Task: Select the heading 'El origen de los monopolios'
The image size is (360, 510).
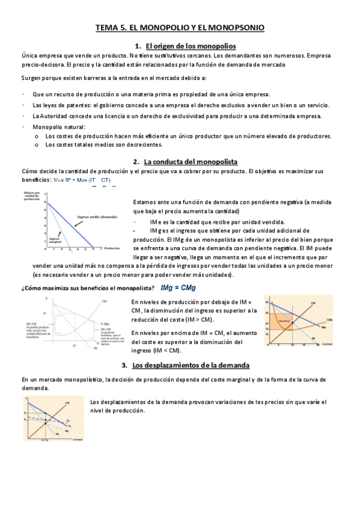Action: coord(191,46)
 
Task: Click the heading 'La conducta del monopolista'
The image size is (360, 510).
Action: coord(191,161)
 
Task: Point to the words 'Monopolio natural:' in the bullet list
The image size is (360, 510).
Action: coord(59,127)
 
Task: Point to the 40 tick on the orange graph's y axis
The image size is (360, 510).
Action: coord(267,301)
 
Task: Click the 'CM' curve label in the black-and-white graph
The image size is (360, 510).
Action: coord(105,300)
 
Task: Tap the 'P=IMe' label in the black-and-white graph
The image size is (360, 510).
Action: coord(106,323)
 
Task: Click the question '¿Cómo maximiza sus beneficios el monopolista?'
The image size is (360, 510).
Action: coord(88,288)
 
